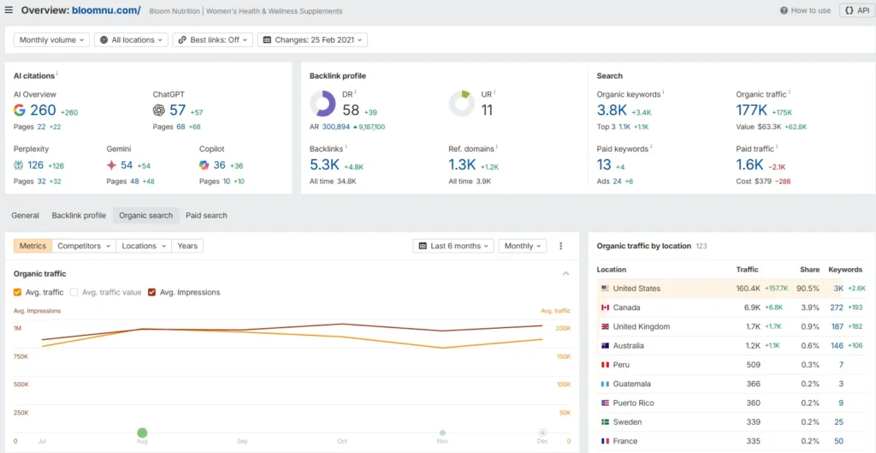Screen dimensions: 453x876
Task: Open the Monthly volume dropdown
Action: [52, 39]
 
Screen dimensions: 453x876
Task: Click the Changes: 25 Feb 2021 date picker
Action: [312, 39]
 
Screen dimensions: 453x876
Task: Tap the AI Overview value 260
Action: [43, 110]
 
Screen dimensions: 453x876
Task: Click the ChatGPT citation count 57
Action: [177, 110]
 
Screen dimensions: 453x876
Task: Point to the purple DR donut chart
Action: [323, 104]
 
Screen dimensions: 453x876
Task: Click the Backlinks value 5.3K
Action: [324, 164]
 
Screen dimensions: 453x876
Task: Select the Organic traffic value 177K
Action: [751, 110]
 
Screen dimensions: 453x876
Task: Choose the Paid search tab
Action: [206, 216]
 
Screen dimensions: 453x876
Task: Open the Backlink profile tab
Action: [79, 216]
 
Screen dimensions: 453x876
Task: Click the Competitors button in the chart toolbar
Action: [84, 246]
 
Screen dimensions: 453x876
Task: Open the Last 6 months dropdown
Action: [453, 246]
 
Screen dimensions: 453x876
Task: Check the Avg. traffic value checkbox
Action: [74, 292]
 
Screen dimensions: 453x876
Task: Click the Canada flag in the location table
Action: [605, 307]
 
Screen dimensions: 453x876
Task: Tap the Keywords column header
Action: [845, 270]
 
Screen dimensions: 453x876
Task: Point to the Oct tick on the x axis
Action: [342, 441]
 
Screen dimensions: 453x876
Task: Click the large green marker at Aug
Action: [142, 433]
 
